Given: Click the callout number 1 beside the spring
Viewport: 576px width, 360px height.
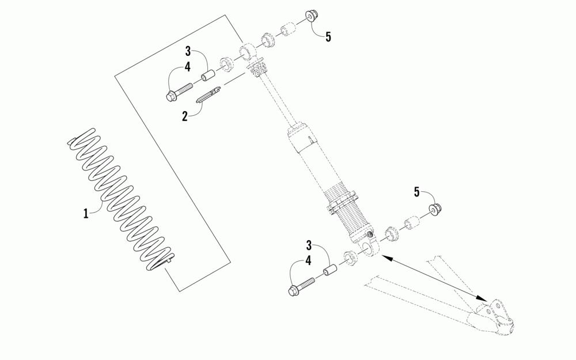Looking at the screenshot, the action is point(85,213).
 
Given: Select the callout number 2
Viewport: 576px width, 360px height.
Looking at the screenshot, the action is point(185,116).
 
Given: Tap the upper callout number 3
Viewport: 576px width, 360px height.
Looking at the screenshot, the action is point(188,51).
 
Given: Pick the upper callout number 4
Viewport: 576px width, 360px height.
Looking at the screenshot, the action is point(188,67).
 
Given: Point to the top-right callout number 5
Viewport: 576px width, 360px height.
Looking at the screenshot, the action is point(328,37).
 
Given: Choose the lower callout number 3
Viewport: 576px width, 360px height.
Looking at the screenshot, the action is point(309,244).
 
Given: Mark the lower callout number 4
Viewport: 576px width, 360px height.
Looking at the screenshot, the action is point(309,260).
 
